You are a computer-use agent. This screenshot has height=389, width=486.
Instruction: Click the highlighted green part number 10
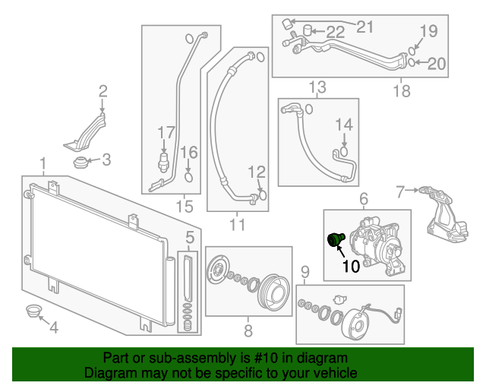(x=334, y=240)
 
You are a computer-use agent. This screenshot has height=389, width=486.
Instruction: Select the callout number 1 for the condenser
(x=43, y=163)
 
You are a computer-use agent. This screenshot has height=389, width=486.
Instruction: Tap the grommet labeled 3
(x=80, y=162)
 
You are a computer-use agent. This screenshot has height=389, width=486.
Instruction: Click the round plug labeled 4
(x=32, y=311)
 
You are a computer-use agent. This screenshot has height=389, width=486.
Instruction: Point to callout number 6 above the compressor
(x=363, y=199)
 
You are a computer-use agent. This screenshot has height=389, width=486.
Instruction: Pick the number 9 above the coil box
(x=305, y=272)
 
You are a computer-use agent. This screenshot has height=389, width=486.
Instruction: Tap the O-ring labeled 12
(x=263, y=194)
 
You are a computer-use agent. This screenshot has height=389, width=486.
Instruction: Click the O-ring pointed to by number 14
(x=343, y=151)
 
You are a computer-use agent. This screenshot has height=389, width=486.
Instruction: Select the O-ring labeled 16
(x=189, y=178)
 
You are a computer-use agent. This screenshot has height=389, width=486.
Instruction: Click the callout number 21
(x=365, y=27)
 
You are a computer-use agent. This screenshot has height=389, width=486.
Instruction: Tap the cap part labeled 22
(x=308, y=30)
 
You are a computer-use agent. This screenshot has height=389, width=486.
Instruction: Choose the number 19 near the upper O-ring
(x=429, y=31)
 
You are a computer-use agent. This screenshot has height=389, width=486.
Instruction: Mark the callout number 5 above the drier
(x=189, y=236)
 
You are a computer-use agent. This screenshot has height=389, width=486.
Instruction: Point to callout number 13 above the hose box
(x=317, y=86)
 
